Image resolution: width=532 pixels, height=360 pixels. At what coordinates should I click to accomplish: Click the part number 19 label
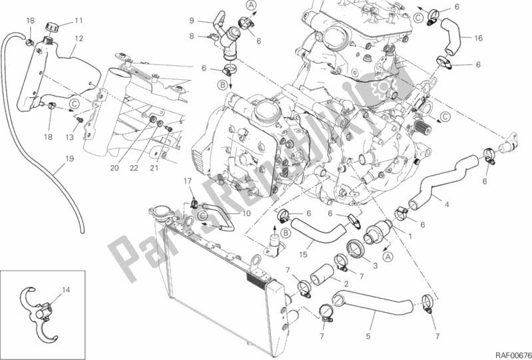69,158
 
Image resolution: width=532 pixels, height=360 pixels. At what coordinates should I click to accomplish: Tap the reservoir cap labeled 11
52,27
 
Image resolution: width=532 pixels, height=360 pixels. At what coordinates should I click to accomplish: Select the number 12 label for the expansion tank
79,39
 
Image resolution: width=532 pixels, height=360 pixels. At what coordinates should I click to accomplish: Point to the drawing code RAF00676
513,355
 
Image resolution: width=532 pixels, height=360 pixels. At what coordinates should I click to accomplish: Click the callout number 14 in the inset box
66,290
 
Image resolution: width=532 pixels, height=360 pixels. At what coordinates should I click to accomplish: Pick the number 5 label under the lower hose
368,336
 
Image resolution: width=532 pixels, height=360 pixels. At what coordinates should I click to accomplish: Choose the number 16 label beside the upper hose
478,39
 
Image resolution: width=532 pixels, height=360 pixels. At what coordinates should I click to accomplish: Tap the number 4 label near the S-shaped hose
447,205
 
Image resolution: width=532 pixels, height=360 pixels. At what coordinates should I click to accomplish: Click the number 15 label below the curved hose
303,255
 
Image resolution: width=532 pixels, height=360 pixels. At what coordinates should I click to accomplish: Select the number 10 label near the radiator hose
246,214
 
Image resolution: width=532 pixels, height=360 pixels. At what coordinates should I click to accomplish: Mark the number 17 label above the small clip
188,181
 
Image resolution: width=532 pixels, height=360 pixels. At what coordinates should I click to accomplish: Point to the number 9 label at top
192,21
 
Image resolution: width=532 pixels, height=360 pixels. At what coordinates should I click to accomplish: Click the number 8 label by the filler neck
192,35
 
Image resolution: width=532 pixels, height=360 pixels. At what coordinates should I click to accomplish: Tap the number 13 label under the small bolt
69,137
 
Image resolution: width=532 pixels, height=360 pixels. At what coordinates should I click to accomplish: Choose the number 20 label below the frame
115,168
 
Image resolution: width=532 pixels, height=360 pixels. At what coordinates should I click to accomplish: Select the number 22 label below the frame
134,168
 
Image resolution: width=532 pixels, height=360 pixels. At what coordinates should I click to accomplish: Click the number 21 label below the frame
154,168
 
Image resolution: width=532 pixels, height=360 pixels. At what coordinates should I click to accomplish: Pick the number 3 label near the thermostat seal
376,266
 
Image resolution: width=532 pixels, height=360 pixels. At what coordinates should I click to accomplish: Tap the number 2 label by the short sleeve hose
346,283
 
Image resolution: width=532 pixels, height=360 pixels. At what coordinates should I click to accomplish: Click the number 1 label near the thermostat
410,237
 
